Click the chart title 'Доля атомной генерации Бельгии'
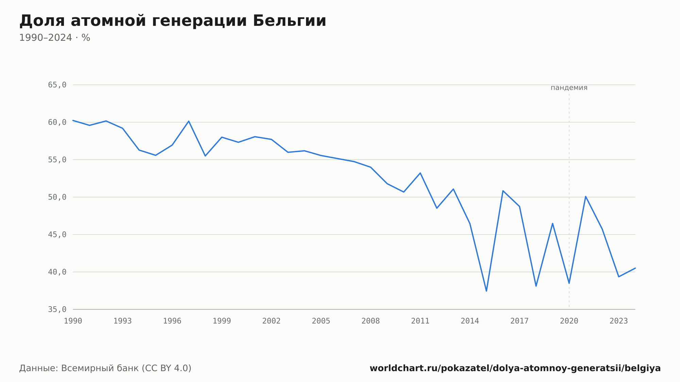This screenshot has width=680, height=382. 173,21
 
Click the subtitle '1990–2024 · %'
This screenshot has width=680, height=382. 55,38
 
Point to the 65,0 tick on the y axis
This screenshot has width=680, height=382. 57,85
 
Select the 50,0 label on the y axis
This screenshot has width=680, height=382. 57,197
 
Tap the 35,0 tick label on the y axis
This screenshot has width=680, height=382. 57,309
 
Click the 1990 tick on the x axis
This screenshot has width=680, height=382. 73,321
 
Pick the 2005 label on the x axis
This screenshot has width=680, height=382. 321,321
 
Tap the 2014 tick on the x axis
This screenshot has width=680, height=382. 470,321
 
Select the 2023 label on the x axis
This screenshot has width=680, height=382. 619,321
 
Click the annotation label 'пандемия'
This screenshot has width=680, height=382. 569,88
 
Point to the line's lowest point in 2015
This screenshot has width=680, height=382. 487,291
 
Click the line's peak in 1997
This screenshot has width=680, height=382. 189,121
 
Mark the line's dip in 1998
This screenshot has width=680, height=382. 205,156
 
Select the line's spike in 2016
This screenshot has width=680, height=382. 503,191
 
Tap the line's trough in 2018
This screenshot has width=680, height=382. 536,286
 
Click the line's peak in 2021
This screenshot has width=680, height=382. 585,196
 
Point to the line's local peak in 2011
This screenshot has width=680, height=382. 420,173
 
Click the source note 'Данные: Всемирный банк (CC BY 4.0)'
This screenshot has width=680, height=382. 105,368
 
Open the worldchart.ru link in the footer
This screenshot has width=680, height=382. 515,368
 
